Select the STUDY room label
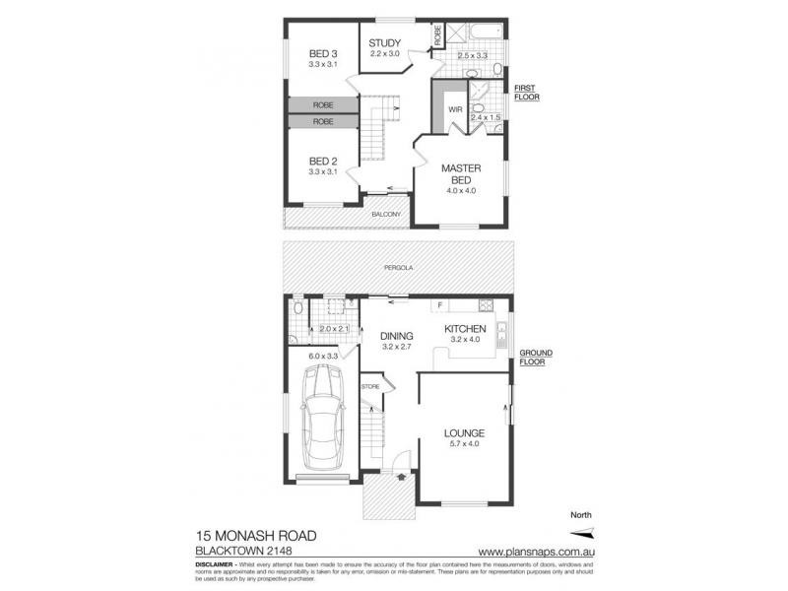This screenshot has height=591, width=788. click(x=384, y=42)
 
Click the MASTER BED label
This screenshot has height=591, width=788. click(x=459, y=174)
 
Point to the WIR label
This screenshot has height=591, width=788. click(x=455, y=110)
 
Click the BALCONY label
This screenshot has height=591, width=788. click(x=385, y=214)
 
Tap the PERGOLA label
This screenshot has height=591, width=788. click(x=399, y=267)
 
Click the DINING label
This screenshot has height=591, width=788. click(x=398, y=337)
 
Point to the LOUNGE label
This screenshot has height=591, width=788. click(x=463, y=432)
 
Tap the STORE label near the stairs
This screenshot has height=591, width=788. click(x=369, y=386)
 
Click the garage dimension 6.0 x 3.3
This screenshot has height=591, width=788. click(x=323, y=356)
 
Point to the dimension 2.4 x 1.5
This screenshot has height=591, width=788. click(x=486, y=118)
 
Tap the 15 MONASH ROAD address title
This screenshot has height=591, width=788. click(x=255, y=535)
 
